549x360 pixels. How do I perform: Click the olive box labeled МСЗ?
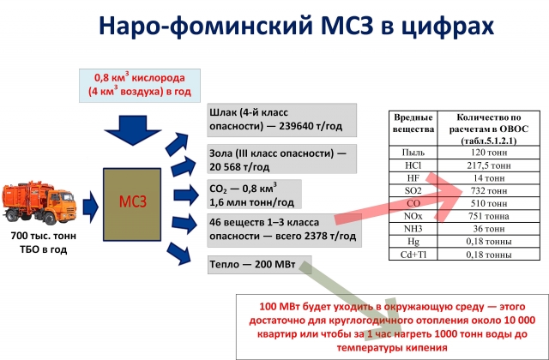coord(132,205)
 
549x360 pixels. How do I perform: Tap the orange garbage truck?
coord(39,202)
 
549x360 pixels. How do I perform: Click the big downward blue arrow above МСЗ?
coord(133,130)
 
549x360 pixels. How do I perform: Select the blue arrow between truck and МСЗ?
coord(90,207)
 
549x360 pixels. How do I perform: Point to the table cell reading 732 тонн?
coord(488,191)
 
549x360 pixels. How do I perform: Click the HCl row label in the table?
coord(413,165)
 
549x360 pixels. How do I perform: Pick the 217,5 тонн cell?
coord(488,165)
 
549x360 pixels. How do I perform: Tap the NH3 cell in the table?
coord(413,229)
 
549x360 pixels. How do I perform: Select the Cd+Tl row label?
coord(413,255)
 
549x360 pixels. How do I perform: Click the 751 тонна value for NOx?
coord(488,216)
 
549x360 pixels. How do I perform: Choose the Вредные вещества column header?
coord(413,123)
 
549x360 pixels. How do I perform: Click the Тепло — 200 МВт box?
coord(259,265)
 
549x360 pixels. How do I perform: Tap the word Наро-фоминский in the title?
coord(205,26)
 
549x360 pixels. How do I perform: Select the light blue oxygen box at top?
coord(140,86)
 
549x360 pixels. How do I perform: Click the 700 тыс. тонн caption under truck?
coord(44,236)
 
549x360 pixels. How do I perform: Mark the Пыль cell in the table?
coord(413,153)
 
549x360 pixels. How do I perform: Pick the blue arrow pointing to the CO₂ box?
coord(186,195)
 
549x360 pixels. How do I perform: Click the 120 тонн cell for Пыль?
coord(488,153)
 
